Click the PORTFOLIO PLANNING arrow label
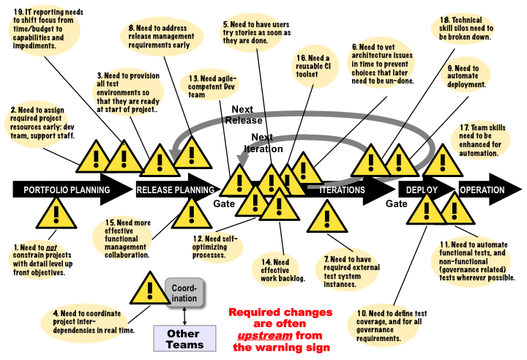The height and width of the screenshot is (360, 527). (x=67, y=190)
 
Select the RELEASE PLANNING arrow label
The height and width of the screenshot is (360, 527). (x=175, y=190)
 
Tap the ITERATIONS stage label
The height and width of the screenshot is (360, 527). (x=342, y=190)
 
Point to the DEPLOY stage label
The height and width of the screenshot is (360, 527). (x=422, y=190)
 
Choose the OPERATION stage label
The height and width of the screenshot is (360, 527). (x=482, y=190)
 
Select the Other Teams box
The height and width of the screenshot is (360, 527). (x=185, y=338)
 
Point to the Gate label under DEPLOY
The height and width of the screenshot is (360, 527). (x=397, y=203)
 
